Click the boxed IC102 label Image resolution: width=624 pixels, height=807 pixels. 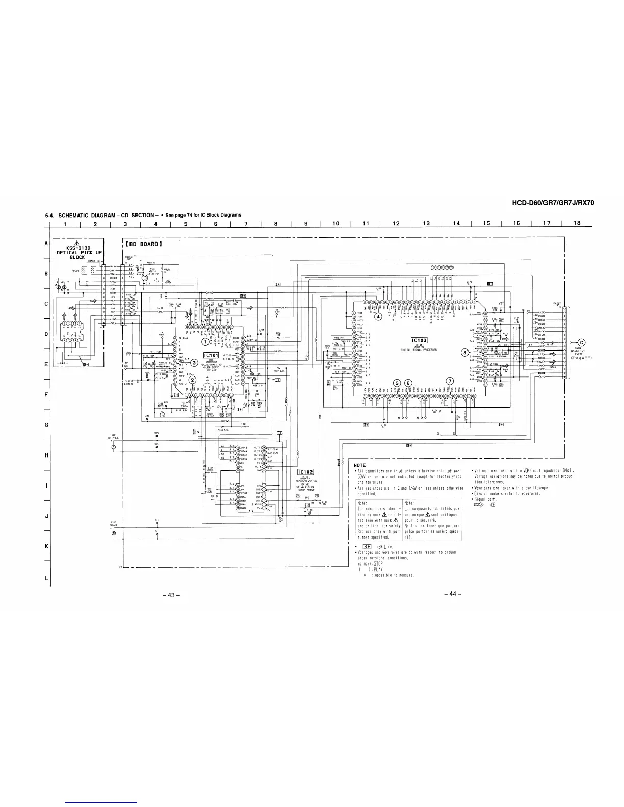coord(304,471)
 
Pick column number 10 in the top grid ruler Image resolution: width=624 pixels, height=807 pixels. coord(336,223)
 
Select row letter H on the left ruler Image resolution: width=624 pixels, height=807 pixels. coord(47,455)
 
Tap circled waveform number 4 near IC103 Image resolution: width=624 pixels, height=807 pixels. coord(378,316)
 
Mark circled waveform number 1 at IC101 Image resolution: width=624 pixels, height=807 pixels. coord(205,341)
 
